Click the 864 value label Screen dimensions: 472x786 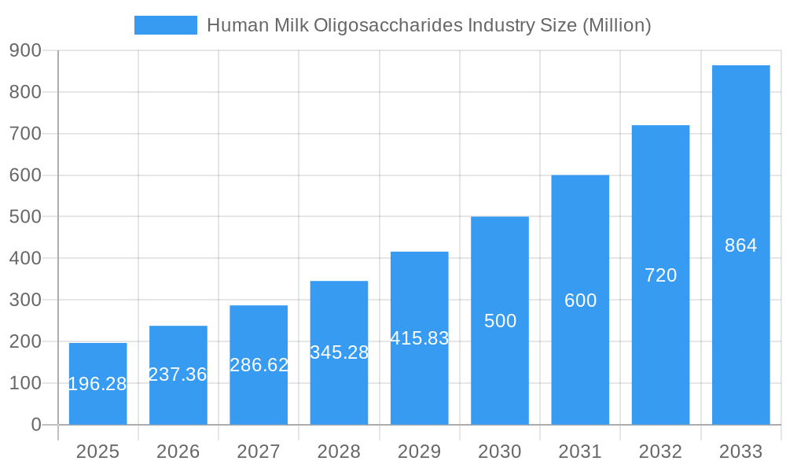click(740, 245)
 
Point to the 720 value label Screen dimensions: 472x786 click(660, 275)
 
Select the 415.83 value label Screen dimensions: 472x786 click(420, 338)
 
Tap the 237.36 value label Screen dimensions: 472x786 click(178, 374)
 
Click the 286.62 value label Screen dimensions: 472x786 click(259, 365)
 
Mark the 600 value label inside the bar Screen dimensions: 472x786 click(580, 301)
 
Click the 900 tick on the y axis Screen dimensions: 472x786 click(25, 50)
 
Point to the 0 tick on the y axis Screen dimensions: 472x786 click(36, 425)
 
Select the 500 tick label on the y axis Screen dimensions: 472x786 click(25, 216)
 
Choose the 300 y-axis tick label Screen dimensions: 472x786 click(25, 300)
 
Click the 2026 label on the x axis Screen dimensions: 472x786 click(178, 452)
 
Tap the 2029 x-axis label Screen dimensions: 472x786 click(420, 452)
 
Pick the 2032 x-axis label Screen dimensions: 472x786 click(660, 452)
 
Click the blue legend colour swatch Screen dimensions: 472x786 click(165, 25)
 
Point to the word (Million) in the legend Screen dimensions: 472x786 click(616, 25)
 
